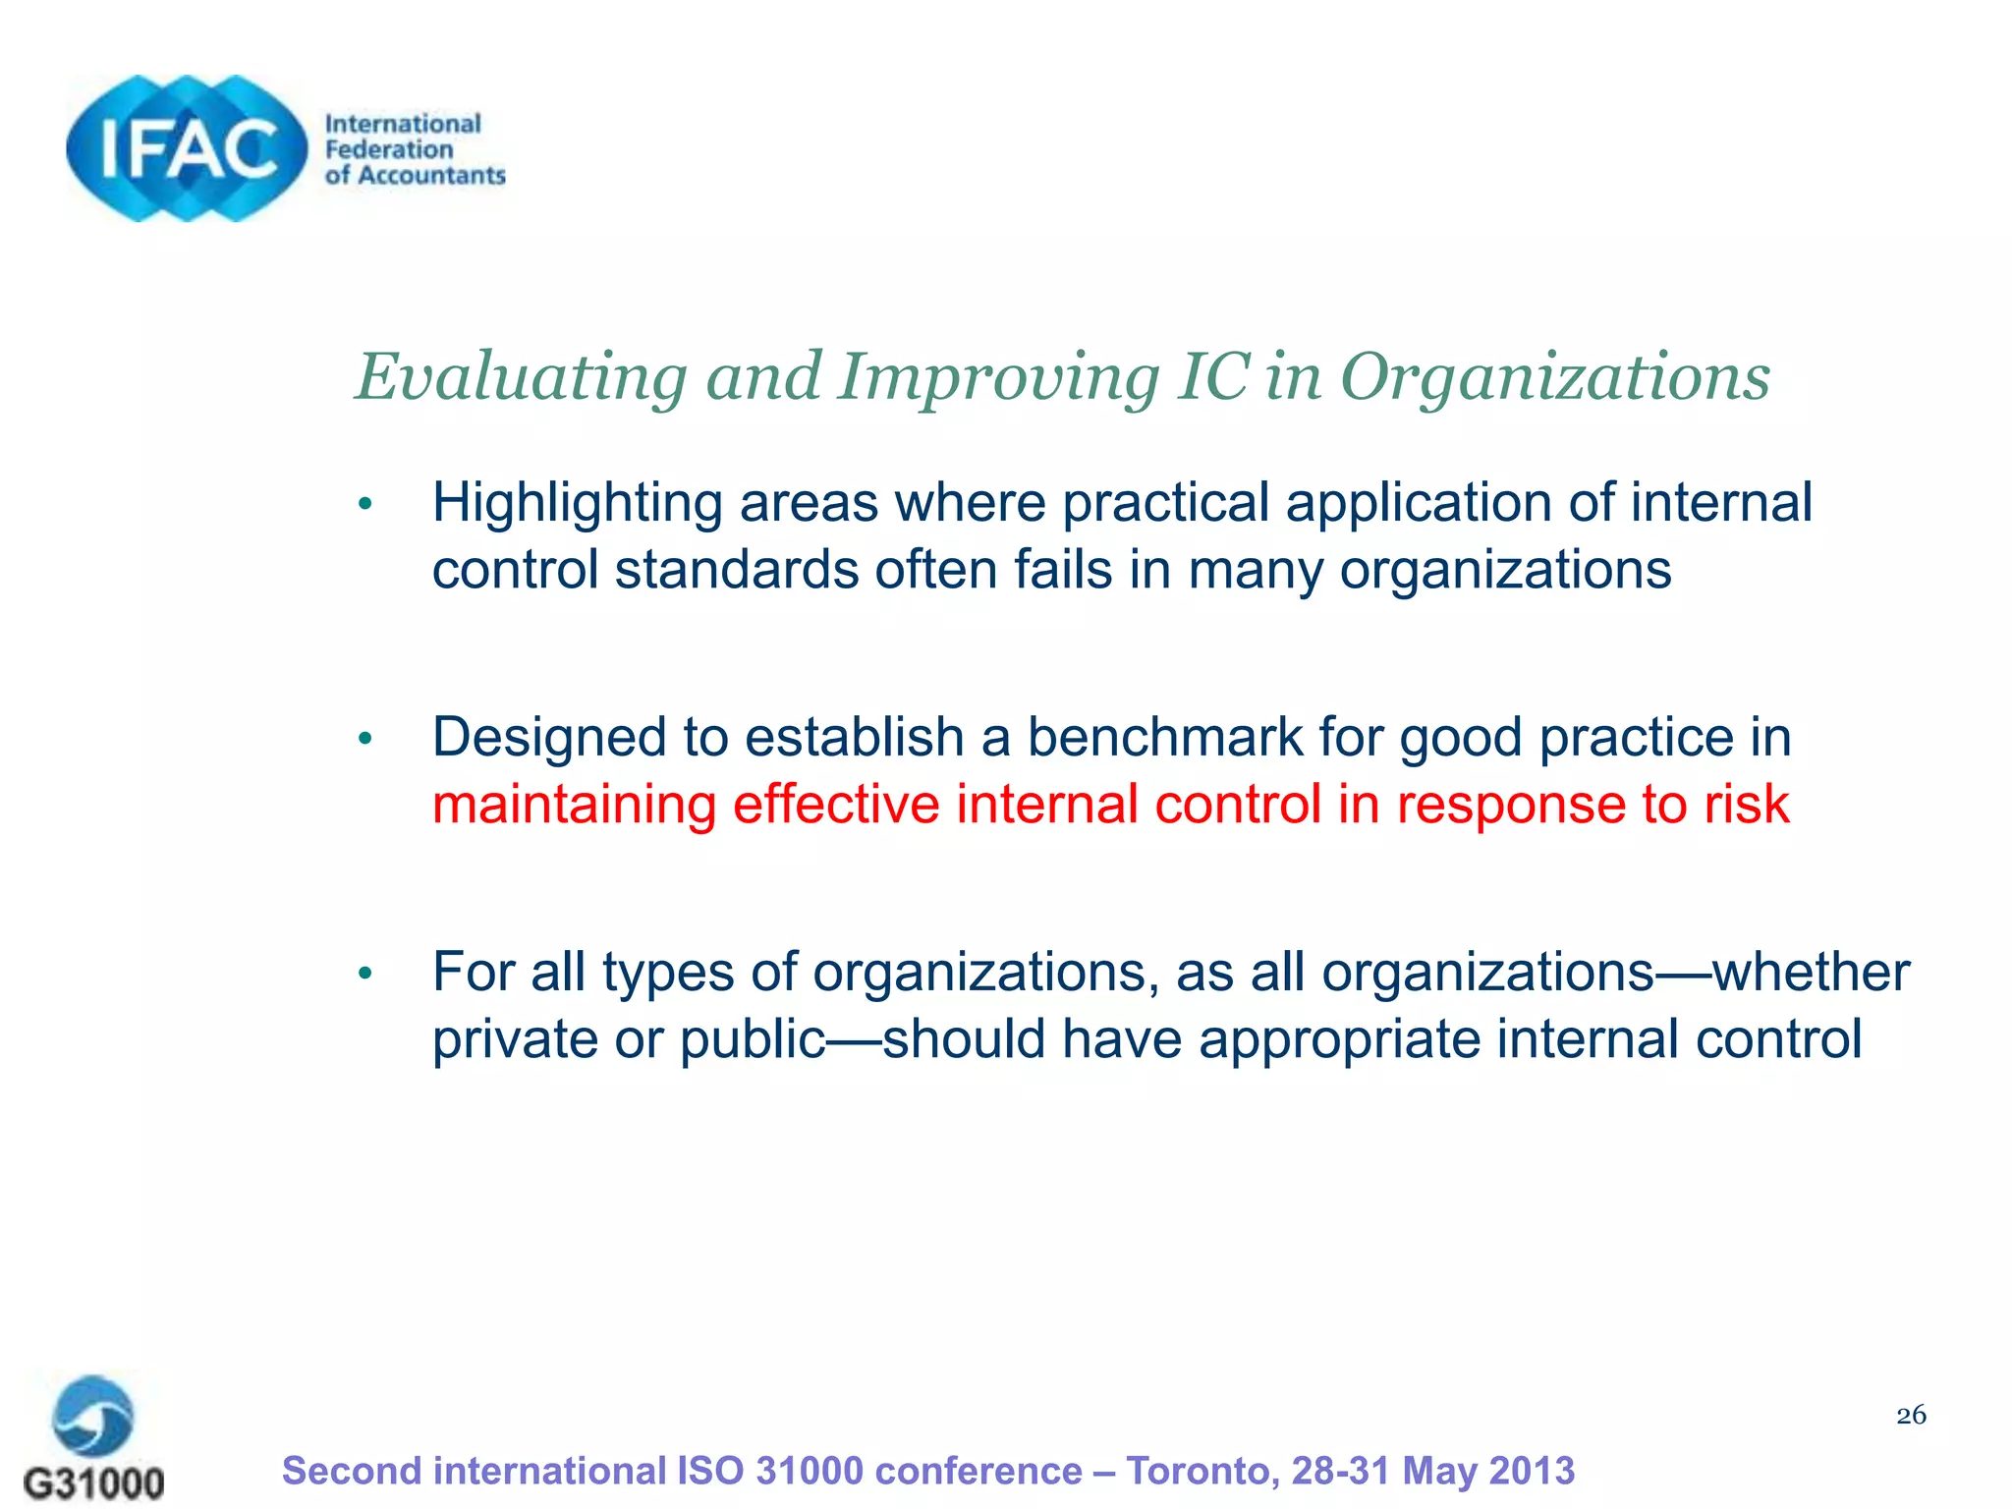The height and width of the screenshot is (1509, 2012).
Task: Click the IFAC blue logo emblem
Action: pos(187,149)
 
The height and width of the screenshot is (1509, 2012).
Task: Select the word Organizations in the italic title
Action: pos(1555,378)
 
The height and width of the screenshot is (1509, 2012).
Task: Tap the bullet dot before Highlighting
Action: pos(365,505)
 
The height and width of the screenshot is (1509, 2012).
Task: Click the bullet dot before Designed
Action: pos(365,738)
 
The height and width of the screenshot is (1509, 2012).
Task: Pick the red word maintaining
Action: pos(575,805)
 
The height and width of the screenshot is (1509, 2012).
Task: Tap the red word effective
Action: pos(836,805)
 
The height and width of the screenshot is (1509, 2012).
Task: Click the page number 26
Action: pos(1911,1415)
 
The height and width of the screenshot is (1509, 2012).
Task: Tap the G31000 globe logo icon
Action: pos(93,1416)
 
